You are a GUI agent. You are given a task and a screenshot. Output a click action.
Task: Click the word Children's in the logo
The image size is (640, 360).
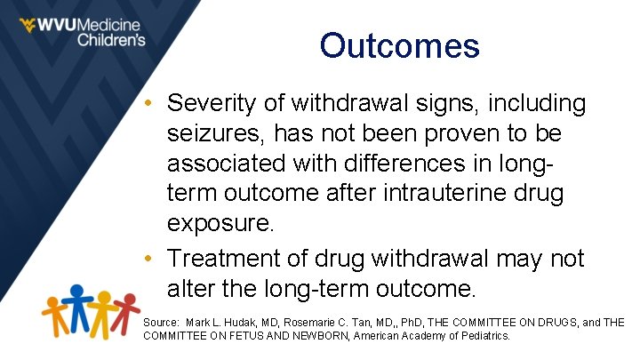tap(111, 40)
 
